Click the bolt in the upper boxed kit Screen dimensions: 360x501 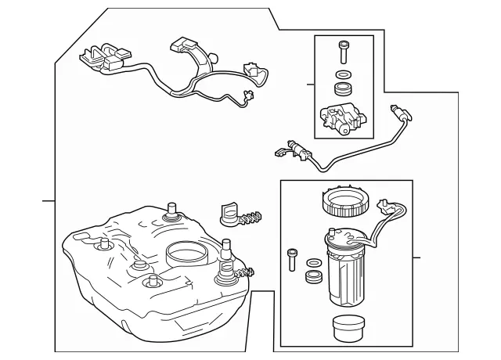[x=342, y=52]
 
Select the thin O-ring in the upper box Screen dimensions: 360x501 [x=342, y=75]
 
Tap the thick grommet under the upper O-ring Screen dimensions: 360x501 [x=342, y=88]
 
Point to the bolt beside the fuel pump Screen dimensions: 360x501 [x=293, y=257]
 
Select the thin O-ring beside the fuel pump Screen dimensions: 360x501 [x=312, y=262]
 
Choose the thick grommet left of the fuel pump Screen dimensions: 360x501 [x=312, y=276]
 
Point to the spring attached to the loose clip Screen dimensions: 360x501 [x=251, y=218]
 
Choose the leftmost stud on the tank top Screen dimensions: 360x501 [x=101, y=248]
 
